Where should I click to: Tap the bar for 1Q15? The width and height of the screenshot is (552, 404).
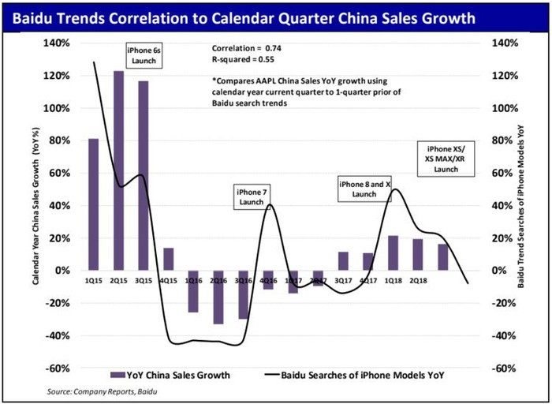point(93,204)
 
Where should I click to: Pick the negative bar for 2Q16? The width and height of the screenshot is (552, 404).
point(218,297)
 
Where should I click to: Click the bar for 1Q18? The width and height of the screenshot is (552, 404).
point(392,252)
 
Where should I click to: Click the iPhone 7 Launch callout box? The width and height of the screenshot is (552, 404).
point(250,196)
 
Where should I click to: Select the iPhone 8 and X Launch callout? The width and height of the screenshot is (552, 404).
point(364,189)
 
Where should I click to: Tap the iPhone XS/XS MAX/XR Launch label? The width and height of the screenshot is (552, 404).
point(446,158)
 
